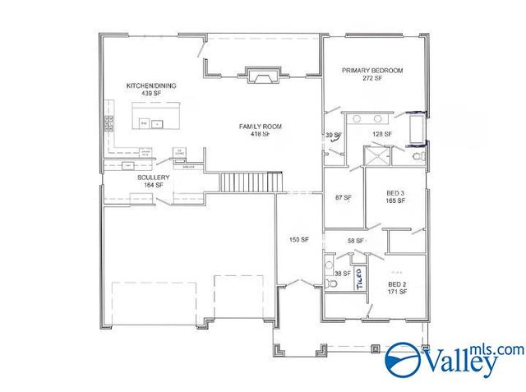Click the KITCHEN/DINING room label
(150, 85)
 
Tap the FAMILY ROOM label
(261, 126)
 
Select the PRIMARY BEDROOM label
(372, 71)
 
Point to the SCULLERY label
(154, 178)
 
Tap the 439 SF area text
(150, 94)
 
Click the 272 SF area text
(372, 79)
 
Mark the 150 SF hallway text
(298, 240)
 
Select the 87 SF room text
(343, 198)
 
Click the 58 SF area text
(355, 241)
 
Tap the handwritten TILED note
(359, 279)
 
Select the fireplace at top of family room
(262, 78)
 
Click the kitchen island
(155, 123)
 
